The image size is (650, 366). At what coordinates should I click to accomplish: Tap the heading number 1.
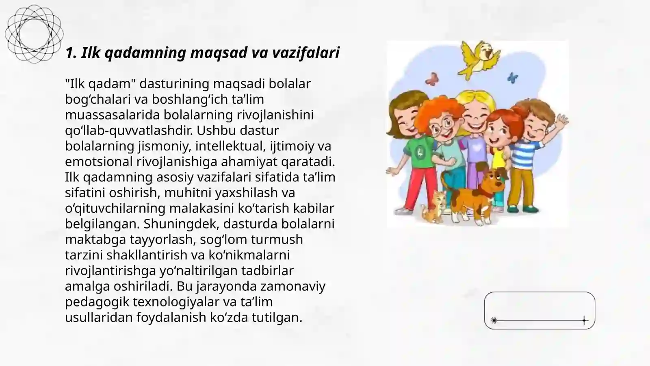(70, 52)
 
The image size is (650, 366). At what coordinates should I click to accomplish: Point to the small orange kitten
(433, 207)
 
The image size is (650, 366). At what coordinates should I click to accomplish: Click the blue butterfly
(513, 77)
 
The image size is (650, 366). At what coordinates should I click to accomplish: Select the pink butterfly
(432, 78)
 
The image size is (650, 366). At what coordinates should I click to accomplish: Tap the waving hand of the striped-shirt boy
(562, 120)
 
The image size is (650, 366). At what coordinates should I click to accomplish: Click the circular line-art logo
(34, 34)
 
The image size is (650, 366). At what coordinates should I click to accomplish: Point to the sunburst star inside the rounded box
(494, 320)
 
